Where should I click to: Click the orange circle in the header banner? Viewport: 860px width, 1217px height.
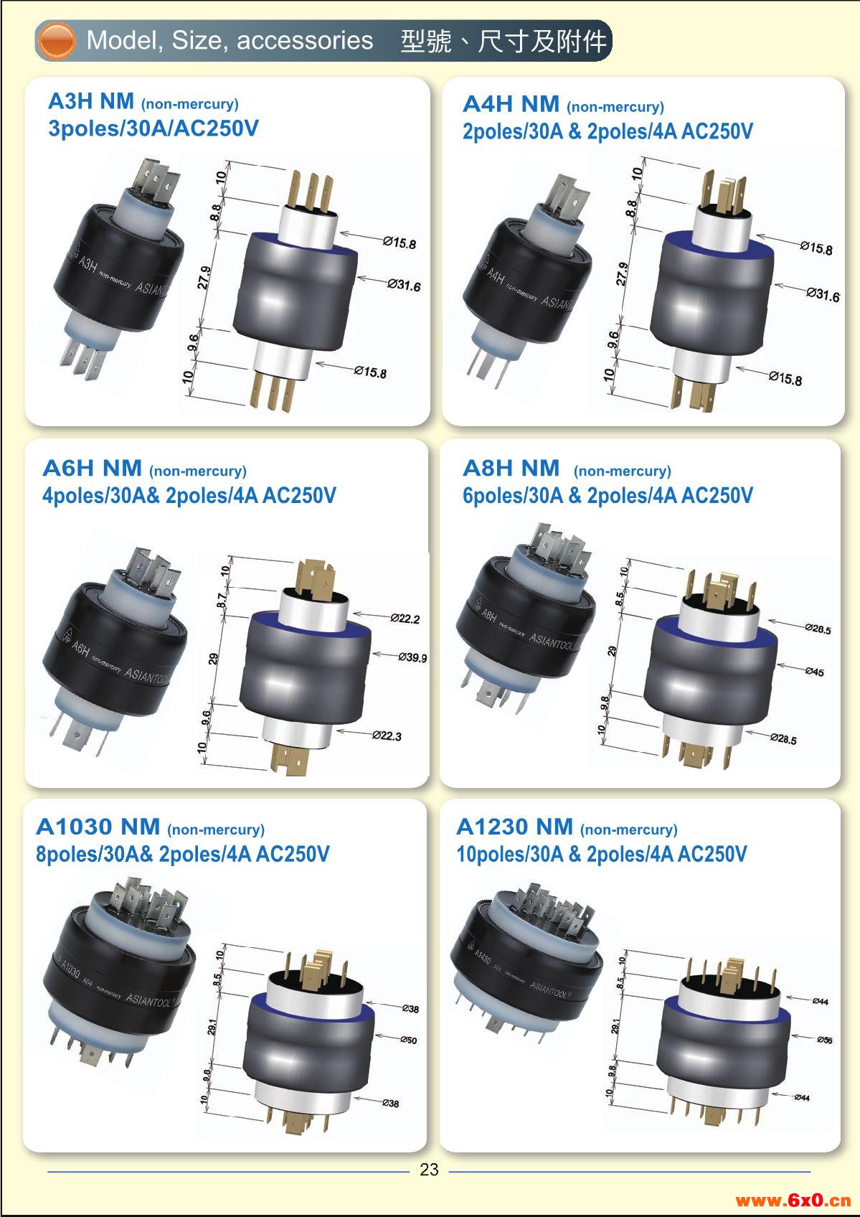[x=57, y=40]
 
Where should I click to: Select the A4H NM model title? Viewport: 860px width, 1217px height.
[x=511, y=104]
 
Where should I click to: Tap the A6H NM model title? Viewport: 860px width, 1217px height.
[x=92, y=468]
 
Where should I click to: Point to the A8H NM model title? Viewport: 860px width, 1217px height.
[x=511, y=468]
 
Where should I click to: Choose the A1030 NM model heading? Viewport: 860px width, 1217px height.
[x=98, y=827]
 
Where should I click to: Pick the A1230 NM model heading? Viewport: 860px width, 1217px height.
[x=514, y=827]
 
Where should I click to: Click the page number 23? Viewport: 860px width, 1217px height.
[x=429, y=1170]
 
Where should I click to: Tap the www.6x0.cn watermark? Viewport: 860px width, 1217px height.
[x=793, y=1200]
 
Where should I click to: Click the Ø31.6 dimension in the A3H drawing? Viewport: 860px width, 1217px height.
[x=405, y=286]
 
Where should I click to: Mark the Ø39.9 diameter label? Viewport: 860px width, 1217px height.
[x=412, y=657]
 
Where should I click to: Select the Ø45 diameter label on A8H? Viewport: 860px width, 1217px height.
[x=814, y=672]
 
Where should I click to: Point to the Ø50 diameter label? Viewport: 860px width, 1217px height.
[x=408, y=1040]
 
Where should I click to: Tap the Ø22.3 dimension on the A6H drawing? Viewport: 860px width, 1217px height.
[x=387, y=736]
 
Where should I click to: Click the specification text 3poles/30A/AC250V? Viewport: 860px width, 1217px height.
[x=153, y=129]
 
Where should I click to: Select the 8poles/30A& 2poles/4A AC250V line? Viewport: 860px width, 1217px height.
[x=183, y=855]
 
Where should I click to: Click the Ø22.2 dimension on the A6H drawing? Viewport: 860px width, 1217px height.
[x=405, y=619]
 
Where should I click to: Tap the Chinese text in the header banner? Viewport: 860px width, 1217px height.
[x=504, y=41]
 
